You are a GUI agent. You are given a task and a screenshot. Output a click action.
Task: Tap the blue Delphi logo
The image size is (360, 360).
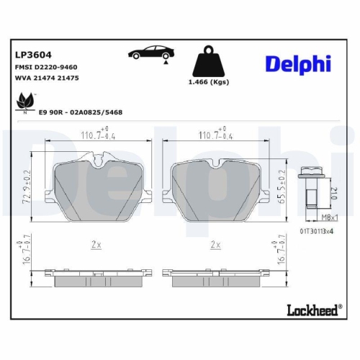297,63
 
